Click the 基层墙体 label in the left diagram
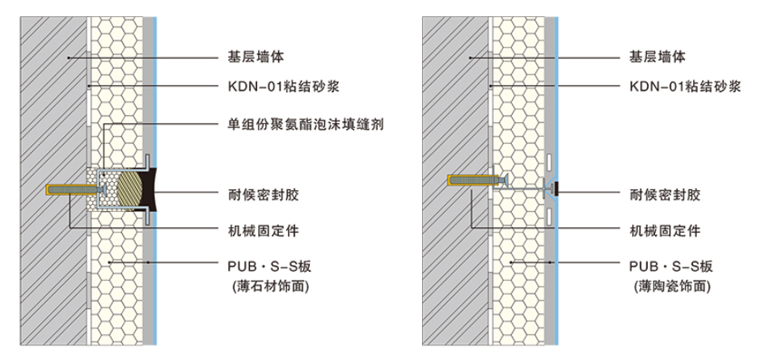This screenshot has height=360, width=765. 255,57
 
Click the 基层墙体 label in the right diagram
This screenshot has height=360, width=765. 657,57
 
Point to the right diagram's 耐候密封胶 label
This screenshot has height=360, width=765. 664,193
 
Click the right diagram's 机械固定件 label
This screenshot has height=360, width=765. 664,231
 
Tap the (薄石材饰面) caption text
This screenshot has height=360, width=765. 270,286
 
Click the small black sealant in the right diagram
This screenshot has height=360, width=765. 556,189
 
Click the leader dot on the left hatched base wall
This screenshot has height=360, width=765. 69,57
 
